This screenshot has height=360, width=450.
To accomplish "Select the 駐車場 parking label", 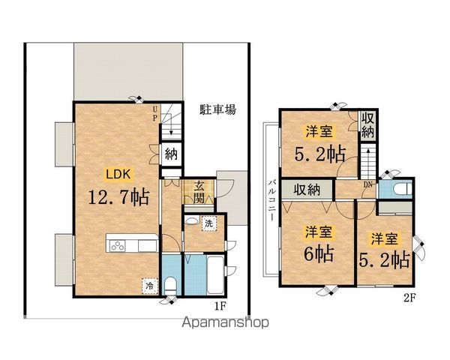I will pos(218,109).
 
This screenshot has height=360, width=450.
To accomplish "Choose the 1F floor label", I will pos(219,305).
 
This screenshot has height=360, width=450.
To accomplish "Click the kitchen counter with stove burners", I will pos(131,243).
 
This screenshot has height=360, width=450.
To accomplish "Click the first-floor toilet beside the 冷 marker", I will pos(171,286).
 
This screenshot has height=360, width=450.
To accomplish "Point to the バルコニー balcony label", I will pos(270,198).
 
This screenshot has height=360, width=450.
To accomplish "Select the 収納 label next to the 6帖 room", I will pos(306,190).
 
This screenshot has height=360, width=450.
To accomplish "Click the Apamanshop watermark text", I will pos(225,324).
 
